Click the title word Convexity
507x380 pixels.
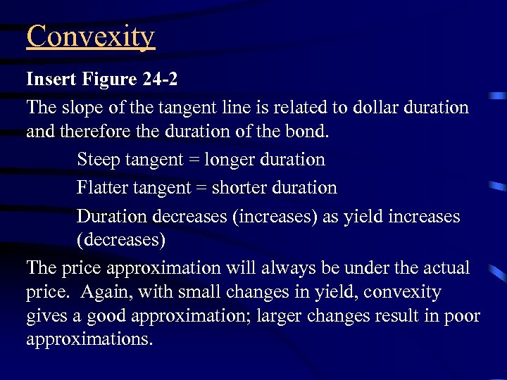pos(90,37)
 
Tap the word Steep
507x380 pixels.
pos(98,159)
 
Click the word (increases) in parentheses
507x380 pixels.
pos(274,216)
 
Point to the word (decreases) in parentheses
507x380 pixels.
pos(121,240)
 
